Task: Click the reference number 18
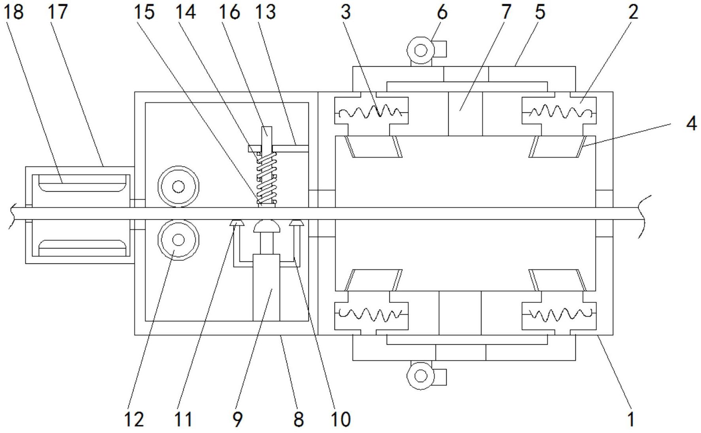tap(13, 12)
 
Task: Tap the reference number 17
tap(58, 12)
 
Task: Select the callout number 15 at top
tap(144, 12)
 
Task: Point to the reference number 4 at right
tap(691, 124)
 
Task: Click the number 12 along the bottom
tap(134, 419)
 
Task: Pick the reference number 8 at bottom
tap(299, 419)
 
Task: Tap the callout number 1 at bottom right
tap(631, 419)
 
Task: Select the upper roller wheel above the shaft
tap(179, 186)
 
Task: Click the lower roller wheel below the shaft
tap(179, 239)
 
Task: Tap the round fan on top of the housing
tap(421, 50)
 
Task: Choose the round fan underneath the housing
tap(421, 375)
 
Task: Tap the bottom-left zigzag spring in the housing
tap(371, 315)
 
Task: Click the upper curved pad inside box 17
tap(83, 183)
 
